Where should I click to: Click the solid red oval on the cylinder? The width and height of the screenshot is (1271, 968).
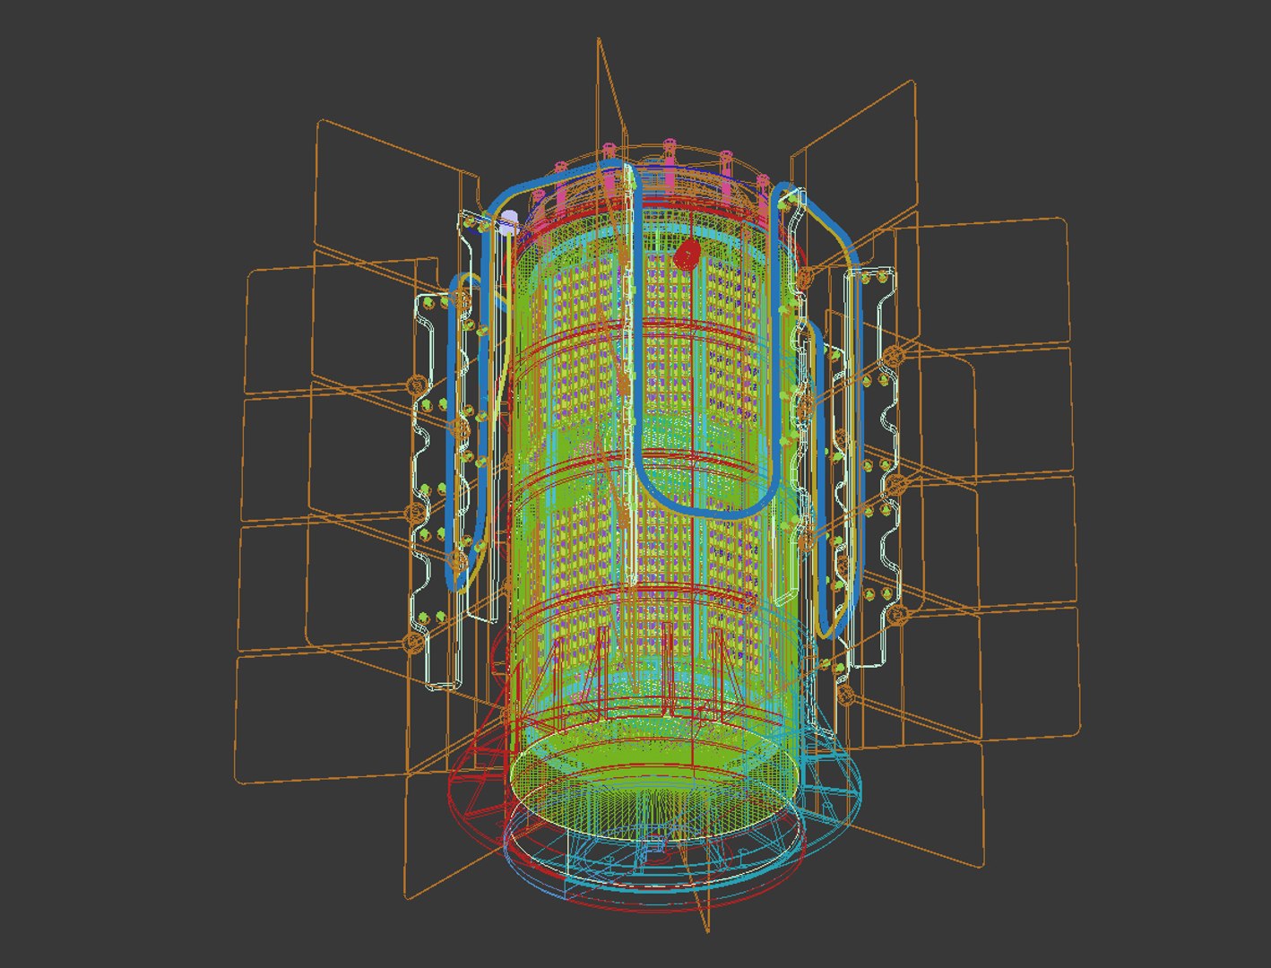click(x=687, y=255)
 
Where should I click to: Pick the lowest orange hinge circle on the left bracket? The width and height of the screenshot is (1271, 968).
click(x=413, y=642)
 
